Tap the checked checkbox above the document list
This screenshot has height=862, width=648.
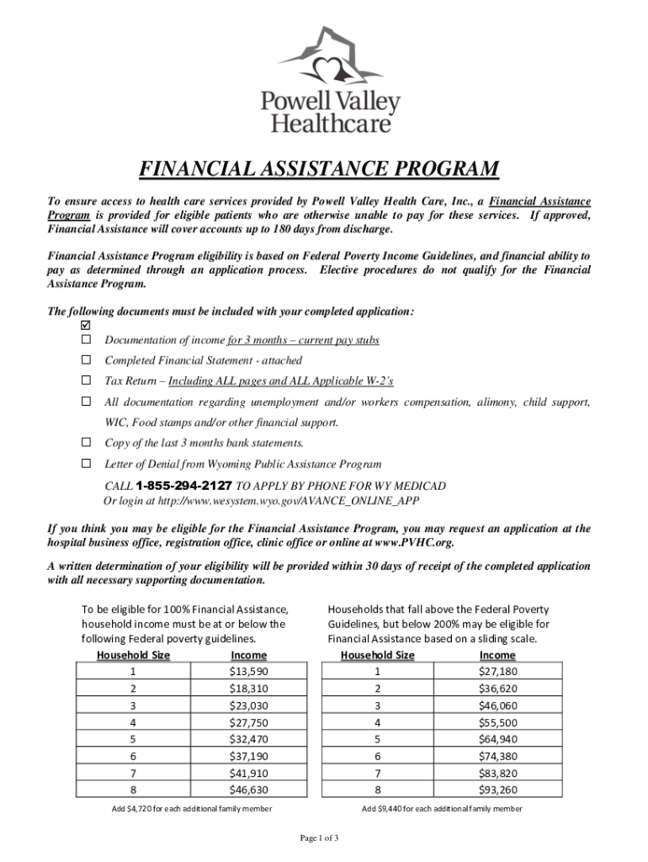(x=85, y=326)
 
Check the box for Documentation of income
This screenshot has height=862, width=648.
(x=85, y=340)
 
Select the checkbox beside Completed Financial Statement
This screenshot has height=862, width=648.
(x=85, y=360)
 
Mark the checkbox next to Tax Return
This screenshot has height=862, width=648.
(x=85, y=381)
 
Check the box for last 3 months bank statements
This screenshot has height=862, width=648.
(x=85, y=443)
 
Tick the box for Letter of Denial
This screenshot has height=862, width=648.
(x=85, y=464)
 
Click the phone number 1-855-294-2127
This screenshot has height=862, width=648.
(x=183, y=486)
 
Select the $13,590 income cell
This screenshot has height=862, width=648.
(x=248, y=672)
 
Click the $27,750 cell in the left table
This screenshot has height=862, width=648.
(x=248, y=722)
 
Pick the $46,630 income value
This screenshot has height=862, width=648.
(x=248, y=790)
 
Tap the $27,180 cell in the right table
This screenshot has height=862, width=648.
(x=497, y=672)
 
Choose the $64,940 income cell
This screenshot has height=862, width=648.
(x=497, y=739)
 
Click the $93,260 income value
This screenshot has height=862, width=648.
(x=497, y=790)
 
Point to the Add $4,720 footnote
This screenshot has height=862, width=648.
(x=191, y=809)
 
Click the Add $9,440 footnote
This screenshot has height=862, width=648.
(x=441, y=809)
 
